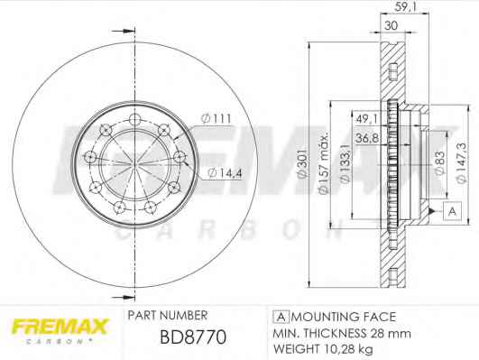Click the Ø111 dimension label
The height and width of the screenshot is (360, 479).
216,118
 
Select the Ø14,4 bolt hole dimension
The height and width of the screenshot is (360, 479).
225,173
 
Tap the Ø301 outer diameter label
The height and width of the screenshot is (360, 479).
301,163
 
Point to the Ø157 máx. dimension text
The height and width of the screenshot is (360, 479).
323,163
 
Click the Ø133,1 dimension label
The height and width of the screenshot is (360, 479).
345,164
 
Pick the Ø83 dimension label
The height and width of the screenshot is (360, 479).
439,163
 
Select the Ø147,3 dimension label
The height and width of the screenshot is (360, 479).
461,163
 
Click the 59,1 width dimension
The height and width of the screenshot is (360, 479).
406,6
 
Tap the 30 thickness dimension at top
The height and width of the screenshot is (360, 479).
391,25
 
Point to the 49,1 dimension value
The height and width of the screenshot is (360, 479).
367,119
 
